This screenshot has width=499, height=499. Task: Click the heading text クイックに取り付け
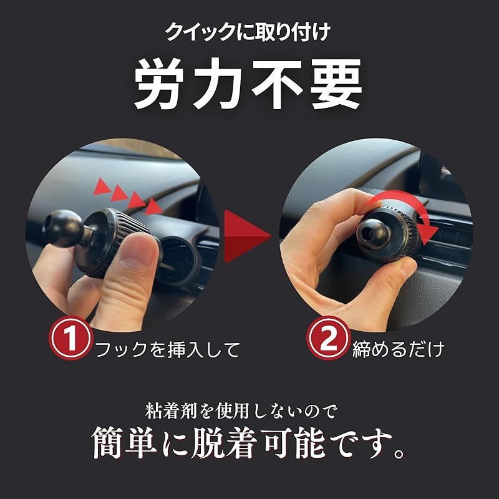[249, 32]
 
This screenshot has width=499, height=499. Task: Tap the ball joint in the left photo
[63, 231]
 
